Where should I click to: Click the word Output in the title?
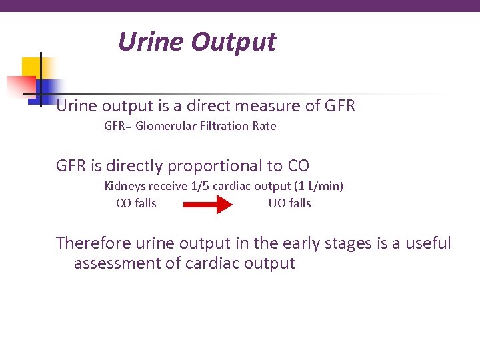[x=233, y=42]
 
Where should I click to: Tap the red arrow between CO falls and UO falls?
[x=207, y=205]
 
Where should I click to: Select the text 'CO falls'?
[x=136, y=203]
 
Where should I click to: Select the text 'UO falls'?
[x=289, y=203]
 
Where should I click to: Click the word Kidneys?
[x=125, y=186]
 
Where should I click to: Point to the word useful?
[x=427, y=243]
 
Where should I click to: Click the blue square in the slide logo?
[x=49, y=89]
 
